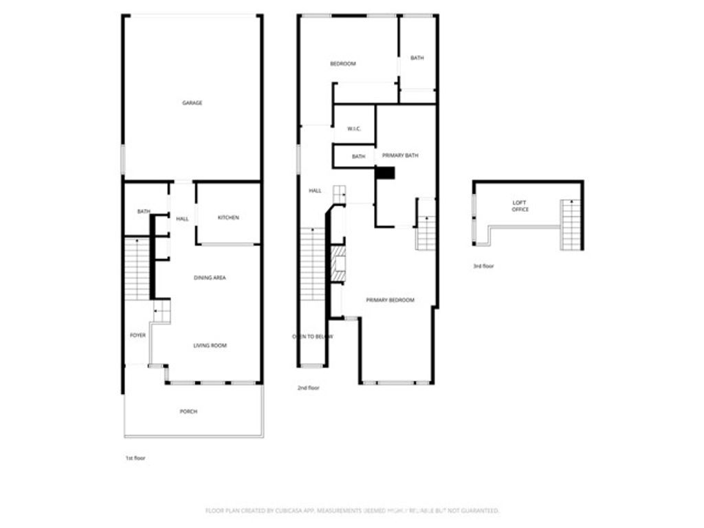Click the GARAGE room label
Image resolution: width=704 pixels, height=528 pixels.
[x=192, y=103]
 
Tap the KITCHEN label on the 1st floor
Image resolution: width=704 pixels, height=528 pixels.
[x=228, y=218]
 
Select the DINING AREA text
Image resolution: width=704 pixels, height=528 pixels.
[x=210, y=278]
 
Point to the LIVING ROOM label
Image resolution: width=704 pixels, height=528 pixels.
[x=210, y=345]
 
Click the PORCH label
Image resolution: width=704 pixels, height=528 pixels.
[x=188, y=411]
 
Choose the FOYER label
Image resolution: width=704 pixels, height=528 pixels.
[x=137, y=335]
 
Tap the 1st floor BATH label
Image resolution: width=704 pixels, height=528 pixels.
[x=143, y=212]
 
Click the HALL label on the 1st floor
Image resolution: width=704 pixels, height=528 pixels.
[x=182, y=219]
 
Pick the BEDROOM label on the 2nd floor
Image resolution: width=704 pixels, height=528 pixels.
[x=343, y=64]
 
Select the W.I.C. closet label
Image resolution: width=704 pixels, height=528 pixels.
[x=354, y=129]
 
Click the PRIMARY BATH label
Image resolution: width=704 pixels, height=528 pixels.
[x=400, y=156]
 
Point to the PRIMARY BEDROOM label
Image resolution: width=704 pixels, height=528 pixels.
[x=390, y=300]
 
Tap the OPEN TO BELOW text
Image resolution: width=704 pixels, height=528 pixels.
[x=313, y=336]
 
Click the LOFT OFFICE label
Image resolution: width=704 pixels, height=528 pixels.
[x=520, y=206]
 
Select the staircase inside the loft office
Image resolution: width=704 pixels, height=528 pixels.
[x=571, y=224]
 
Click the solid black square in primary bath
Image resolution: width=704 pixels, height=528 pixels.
[x=386, y=173]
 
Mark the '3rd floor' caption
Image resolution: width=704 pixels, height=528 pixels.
[x=483, y=266]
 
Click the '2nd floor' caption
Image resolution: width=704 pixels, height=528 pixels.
[x=308, y=388]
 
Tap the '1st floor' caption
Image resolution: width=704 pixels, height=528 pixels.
[x=135, y=457]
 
